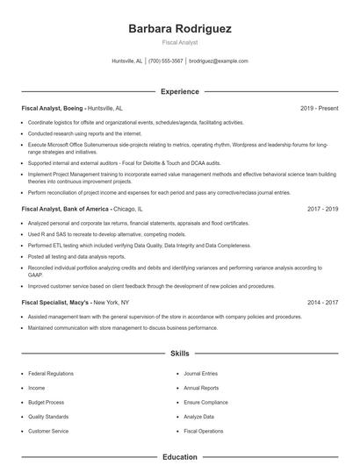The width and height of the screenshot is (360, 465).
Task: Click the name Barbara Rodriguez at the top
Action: tap(180, 29)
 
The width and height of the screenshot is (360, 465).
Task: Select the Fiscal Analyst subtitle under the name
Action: tap(180, 42)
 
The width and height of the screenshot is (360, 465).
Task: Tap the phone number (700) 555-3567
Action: tap(166, 61)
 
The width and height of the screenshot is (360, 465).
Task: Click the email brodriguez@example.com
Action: tap(219, 61)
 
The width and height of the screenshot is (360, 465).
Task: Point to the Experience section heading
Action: tap(180, 91)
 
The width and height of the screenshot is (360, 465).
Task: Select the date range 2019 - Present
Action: tap(319, 108)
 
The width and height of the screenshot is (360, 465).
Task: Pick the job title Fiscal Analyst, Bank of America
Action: tap(67, 210)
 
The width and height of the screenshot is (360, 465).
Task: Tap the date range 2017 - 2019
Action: tap(322, 210)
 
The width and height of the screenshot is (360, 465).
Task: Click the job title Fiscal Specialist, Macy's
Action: tap(58, 303)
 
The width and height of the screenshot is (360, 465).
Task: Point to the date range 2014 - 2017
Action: tap(322, 303)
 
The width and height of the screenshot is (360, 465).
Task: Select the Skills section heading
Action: tap(180, 354)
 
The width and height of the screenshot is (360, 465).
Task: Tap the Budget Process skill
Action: tap(45, 403)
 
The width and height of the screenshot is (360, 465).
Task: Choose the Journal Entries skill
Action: tap(201, 374)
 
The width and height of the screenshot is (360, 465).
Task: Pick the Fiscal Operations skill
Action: tap(204, 432)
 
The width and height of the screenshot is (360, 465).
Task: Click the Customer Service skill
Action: tap(47, 432)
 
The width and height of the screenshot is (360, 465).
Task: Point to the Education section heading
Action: tap(180, 457)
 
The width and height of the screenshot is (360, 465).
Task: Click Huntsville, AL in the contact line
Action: tap(127, 61)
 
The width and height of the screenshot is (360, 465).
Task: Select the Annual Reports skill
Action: tap(202, 388)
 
